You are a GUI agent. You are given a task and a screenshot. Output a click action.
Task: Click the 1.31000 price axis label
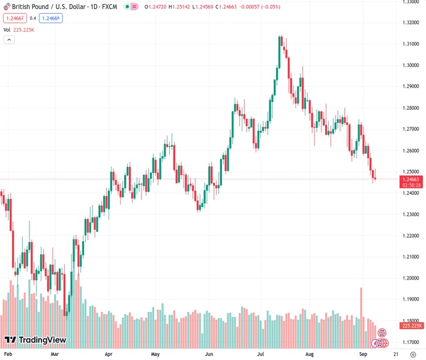(411, 44)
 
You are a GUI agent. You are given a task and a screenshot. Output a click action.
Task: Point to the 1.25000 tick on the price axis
(411, 172)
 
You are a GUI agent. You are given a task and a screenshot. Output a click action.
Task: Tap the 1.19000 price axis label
(411, 299)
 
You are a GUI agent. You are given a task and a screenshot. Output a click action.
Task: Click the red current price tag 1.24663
(411, 179)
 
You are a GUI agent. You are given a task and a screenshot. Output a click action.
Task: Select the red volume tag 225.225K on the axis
(411, 326)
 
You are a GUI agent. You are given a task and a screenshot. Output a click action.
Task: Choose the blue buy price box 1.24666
(50, 18)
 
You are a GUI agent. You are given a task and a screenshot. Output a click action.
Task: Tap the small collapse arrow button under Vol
(9, 40)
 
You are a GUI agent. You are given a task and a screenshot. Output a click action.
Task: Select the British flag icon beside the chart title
(6, 6)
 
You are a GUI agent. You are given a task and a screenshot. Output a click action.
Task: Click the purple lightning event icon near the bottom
(376, 343)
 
